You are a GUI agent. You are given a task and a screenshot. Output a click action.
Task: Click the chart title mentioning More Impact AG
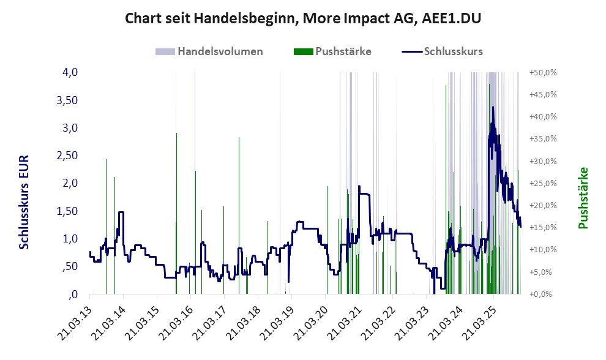[x=303, y=18]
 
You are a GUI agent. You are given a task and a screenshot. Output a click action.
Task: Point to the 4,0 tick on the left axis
[x=70, y=72]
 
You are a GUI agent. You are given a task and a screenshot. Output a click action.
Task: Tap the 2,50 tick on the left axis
[x=67, y=156]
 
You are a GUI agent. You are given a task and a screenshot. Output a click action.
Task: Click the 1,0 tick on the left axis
[x=70, y=239]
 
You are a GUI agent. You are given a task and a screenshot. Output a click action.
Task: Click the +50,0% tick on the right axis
[x=542, y=72]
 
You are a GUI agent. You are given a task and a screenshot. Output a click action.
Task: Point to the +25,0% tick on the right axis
[x=542, y=183]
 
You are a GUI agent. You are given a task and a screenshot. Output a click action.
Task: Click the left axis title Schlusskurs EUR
[x=24, y=201]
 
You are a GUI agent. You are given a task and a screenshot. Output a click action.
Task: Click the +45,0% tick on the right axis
[x=542, y=94]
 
